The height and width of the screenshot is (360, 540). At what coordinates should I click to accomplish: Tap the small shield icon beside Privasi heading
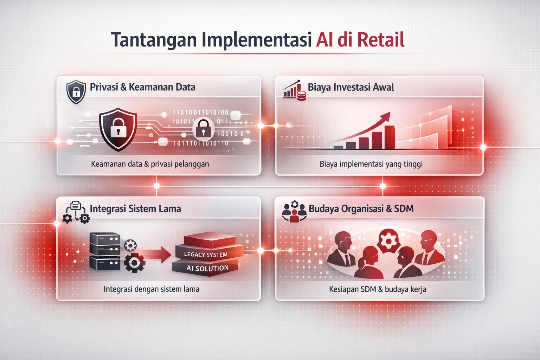[x=76, y=92]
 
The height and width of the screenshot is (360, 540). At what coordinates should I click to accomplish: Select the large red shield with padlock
[x=118, y=129]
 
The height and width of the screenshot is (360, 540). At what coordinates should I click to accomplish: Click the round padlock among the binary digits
[x=203, y=128]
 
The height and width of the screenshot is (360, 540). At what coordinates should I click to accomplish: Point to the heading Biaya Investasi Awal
[x=351, y=87]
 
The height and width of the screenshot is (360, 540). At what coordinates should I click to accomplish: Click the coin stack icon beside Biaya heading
[x=301, y=95]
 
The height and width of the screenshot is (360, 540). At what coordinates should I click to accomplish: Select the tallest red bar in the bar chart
[x=389, y=137]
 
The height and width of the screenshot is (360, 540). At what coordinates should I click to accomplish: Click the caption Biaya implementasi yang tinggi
[x=371, y=164]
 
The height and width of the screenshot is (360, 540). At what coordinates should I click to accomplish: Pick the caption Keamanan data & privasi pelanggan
[x=150, y=164]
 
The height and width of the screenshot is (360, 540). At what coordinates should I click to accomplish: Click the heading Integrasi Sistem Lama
[x=135, y=208]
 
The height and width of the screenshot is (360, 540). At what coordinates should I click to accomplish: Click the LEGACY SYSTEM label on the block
[x=206, y=254]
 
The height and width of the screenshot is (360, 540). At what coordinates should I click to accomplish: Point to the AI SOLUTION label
[x=207, y=268]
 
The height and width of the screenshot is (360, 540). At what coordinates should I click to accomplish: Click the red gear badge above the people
[x=388, y=241]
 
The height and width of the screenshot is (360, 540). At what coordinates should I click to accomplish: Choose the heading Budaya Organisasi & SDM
[x=361, y=208]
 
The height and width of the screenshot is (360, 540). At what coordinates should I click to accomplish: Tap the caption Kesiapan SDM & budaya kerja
[x=378, y=289]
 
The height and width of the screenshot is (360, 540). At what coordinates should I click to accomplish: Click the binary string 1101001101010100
[x=200, y=112]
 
